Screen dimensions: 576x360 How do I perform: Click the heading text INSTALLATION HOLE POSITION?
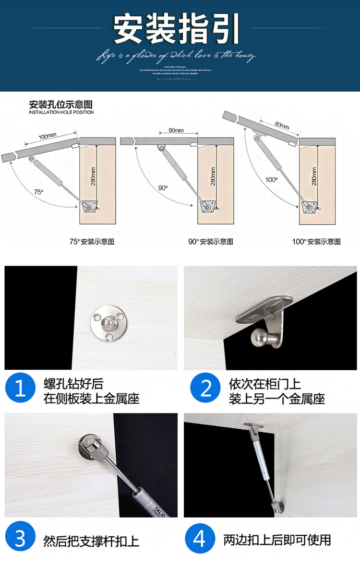click(x=61, y=112)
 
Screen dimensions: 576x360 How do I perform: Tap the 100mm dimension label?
click(x=48, y=137)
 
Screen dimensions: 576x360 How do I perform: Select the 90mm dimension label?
click(x=176, y=130)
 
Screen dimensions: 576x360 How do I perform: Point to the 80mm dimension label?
click(x=281, y=125)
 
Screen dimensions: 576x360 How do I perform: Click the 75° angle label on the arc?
click(x=38, y=192)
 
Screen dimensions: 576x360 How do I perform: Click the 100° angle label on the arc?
click(x=271, y=180)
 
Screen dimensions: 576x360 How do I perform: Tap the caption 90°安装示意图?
click(x=210, y=242)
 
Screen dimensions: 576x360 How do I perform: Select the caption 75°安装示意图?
click(x=92, y=242)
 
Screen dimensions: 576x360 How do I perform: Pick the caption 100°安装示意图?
click(x=316, y=242)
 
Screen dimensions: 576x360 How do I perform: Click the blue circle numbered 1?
click(x=20, y=388)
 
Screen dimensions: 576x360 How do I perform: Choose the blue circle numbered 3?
click(x=20, y=539)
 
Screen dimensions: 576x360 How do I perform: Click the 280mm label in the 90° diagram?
click(x=213, y=176)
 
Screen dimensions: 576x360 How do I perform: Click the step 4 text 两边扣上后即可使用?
click(x=277, y=540)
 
